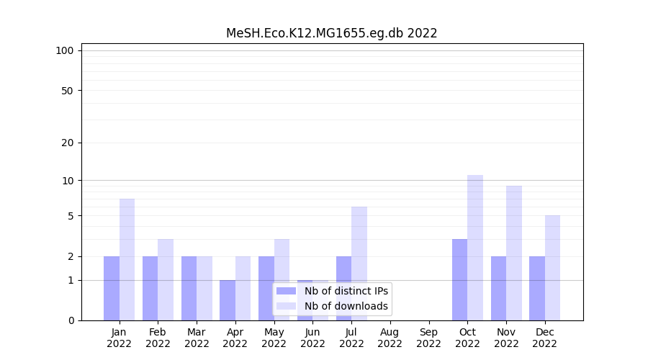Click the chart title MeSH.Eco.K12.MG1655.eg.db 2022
point(331,33)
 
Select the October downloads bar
point(475,248)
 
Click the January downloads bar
point(127,259)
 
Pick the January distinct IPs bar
point(112,288)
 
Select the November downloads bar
point(514,253)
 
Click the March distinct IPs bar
point(189,288)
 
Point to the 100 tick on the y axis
point(65,50)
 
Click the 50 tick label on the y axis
point(68,91)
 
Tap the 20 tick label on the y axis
point(68,143)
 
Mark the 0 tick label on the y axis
point(71,320)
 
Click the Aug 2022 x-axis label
point(390,338)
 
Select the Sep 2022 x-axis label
point(428,338)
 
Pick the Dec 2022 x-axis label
point(544,338)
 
